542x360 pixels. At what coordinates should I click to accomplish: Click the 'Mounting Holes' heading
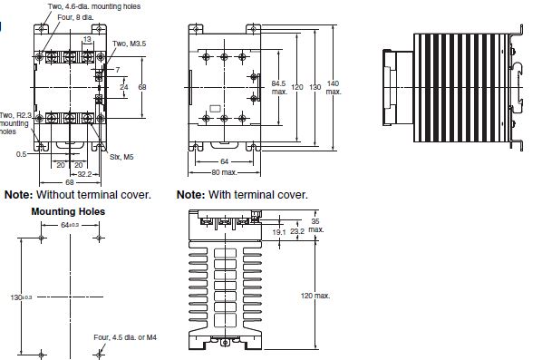coord(68,211)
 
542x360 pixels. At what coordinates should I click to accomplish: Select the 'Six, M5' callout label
coord(121,155)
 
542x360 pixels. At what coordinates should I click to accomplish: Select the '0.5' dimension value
coord(20,154)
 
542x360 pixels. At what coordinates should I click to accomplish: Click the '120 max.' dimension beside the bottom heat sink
coord(315,295)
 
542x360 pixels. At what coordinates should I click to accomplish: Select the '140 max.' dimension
coord(334,87)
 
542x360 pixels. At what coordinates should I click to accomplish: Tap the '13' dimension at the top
coord(86,39)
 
